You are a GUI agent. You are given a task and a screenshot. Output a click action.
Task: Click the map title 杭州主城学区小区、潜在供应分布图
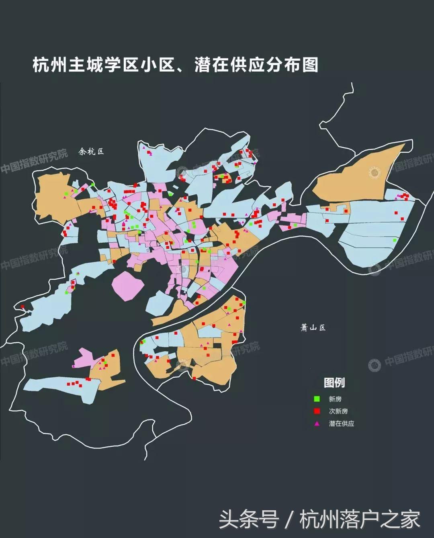[175, 65]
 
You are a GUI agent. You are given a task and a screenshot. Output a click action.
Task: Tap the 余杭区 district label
[91, 151]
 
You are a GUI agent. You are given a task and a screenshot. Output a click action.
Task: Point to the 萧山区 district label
[313, 327]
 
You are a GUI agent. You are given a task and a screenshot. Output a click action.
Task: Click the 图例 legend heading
[334, 383]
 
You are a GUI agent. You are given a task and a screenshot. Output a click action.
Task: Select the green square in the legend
[317, 399]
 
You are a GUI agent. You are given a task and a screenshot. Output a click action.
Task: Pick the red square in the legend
[317, 411]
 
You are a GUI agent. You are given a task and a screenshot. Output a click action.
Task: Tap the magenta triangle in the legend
[317, 423]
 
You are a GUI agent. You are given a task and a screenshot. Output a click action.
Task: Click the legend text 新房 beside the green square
[335, 399]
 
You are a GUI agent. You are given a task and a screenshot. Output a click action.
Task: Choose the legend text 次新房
[338, 411]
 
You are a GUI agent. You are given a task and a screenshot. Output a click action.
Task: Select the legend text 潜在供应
[341, 423]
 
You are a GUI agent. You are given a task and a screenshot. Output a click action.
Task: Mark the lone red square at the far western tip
[23, 307]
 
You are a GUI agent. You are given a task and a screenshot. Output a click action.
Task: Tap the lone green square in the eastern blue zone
[394, 240]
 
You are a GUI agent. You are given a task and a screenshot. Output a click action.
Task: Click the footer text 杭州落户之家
[360, 519]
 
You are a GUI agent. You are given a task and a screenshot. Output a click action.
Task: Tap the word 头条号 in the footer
[249, 519]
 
